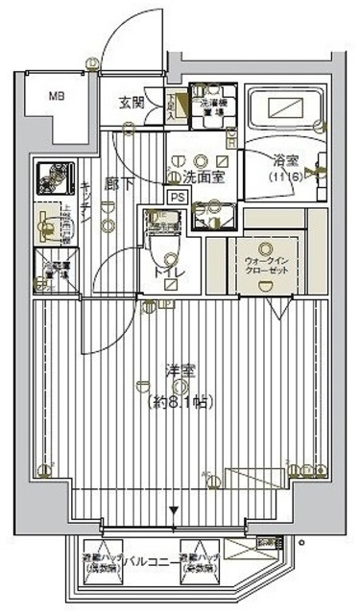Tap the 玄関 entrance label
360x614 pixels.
pos(132,102)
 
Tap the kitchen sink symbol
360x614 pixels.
pos(46,224)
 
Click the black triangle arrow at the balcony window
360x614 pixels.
pos(174,511)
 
